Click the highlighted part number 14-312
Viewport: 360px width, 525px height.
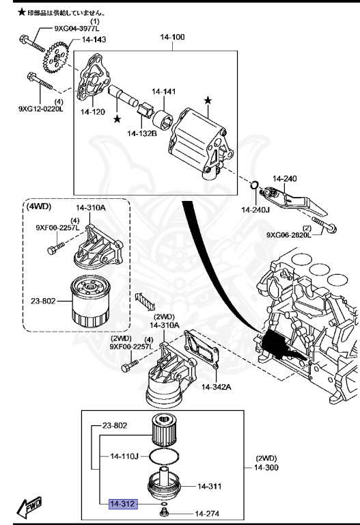(122, 504)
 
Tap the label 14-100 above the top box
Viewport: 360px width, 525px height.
(172, 36)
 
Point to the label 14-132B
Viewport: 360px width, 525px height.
(141, 133)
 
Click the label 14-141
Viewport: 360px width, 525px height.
(163, 91)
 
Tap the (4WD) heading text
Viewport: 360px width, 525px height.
(38, 205)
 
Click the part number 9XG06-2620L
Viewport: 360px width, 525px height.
(288, 234)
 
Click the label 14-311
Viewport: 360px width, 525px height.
(211, 486)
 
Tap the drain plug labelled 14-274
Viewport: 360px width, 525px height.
(164, 512)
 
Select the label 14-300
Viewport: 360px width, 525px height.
(268, 468)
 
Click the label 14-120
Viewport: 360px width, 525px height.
(93, 111)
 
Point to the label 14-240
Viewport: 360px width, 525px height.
(285, 178)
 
